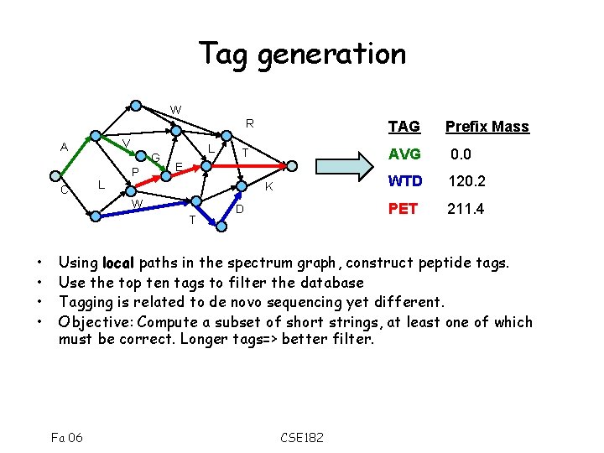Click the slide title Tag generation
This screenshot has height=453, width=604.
tap(302, 54)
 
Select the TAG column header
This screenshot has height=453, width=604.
tap(404, 127)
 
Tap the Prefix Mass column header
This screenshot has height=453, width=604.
tap(487, 127)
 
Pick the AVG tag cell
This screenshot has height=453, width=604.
tap(404, 154)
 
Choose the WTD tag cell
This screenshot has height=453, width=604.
tap(404, 181)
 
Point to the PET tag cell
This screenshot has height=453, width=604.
tap(403, 208)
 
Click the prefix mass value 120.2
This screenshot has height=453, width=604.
tap(467, 181)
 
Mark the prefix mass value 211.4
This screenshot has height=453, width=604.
tap(466, 208)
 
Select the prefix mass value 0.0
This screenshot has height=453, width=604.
tap(461, 154)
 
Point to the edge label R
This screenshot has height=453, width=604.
tap(249, 123)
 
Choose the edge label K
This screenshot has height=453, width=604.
tap(268, 188)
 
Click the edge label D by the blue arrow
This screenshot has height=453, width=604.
tap(239, 208)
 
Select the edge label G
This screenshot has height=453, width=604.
tap(156, 157)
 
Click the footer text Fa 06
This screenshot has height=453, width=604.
tap(67, 436)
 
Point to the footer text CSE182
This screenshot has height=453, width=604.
tap(302, 436)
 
